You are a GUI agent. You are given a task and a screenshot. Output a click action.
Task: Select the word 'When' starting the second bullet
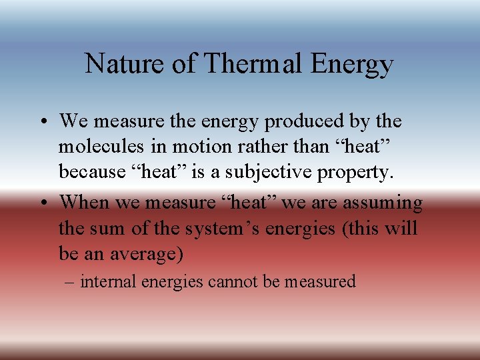tap(83, 203)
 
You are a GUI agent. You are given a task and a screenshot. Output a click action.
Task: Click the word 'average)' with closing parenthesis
tap(153, 255)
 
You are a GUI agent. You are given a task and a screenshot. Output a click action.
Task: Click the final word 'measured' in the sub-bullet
tap(320, 282)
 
